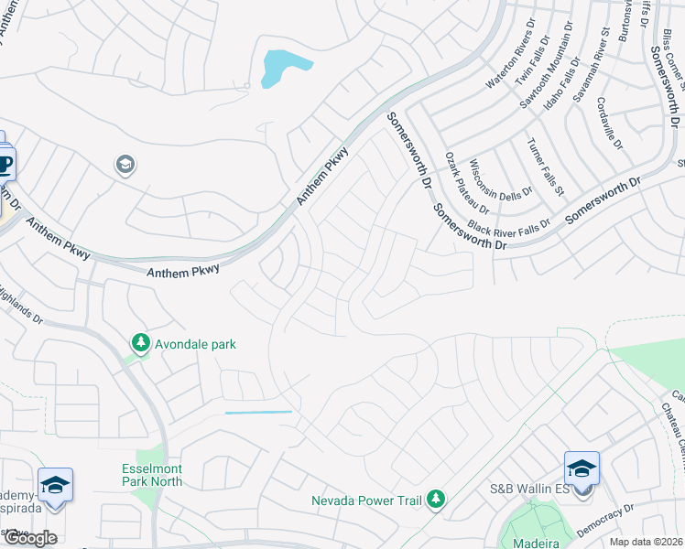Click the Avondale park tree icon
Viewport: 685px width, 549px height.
click(140, 343)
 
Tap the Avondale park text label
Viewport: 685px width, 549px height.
click(195, 344)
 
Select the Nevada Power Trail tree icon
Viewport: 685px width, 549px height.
click(437, 499)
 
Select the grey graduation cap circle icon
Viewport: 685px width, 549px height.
click(125, 165)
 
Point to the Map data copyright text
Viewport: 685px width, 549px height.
click(647, 542)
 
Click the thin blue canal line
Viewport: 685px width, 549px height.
click(258, 413)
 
